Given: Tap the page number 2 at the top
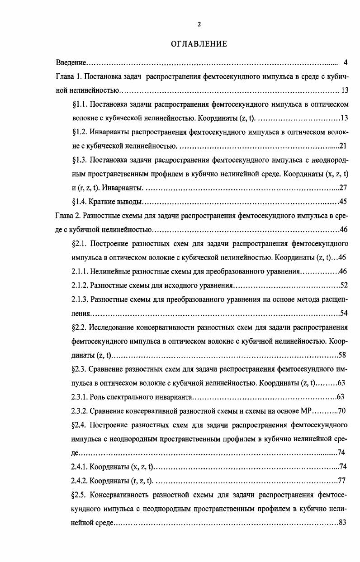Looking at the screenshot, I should click(x=199, y=24).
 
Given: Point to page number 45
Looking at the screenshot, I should click(x=343, y=202).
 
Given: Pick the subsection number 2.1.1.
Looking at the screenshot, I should click(x=80, y=272).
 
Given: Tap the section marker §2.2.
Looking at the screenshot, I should click(x=79, y=327).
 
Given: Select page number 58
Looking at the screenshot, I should click(x=343, y=355).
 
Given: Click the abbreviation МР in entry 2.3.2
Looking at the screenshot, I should click(x=306, y=411).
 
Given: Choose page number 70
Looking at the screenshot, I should click(x=342, y=411).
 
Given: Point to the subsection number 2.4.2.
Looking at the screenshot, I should click(x=80, y=481).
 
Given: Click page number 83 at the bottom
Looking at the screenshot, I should click(x=342, y=523).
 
